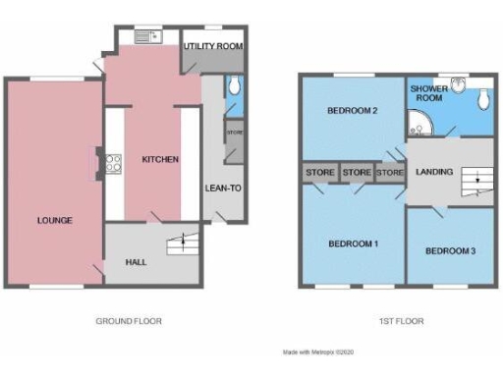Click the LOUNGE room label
coord(55,220)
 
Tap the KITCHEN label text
coord(159,159)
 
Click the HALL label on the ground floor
coord(137,263)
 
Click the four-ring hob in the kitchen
coord(113,163)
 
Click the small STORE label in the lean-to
coord(234,132)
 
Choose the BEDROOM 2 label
coord(352,110)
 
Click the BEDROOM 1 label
coord(352,242)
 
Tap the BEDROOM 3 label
coord(450,251)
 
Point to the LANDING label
coord(434,172)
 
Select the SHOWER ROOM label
coord(426,90)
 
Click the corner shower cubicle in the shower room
coord(419,123)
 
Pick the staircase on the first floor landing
coord(477,181)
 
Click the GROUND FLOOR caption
coord(129,321)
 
